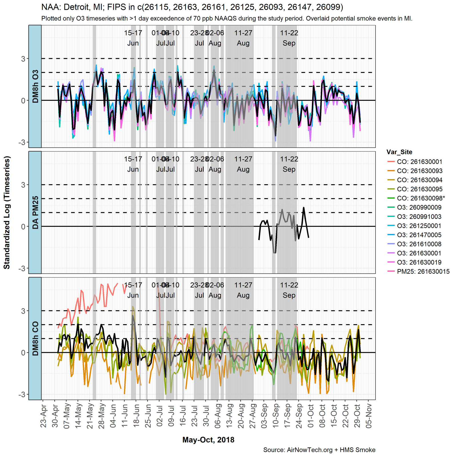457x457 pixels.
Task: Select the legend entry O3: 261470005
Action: (x=419, y=235)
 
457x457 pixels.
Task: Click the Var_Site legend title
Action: (x=399, y=152)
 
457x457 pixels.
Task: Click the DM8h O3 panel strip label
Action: (x=35, y=86)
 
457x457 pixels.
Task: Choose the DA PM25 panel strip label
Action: (x=35, y=213)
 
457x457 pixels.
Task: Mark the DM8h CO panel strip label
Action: (x=35, y=338)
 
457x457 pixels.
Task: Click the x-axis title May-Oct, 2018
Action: (x=208, y=440)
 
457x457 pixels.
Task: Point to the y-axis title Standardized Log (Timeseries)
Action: (x=7, y=213)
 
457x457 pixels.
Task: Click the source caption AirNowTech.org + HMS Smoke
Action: (x=319, y=450)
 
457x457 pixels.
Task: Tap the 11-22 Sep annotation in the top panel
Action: (x=289, y=38)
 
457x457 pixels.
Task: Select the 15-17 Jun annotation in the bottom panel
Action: (x=133, y=290)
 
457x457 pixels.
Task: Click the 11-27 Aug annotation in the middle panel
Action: (x=243, y=164)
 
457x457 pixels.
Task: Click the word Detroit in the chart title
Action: (x=79, y=7)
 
